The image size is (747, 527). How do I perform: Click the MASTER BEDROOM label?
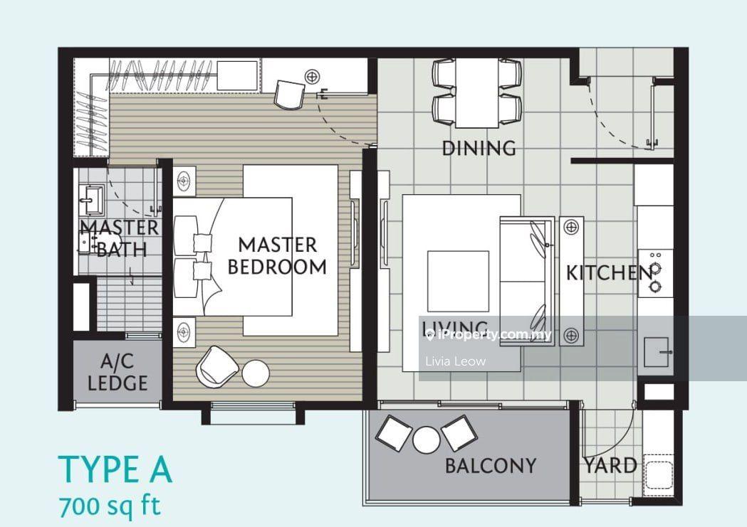click(277, 256)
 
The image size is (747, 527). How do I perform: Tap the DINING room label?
click(479, 149)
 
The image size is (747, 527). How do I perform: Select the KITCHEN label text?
click(610, 272)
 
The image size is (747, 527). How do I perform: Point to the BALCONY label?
click(491, 466)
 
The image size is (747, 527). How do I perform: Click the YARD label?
click(611, 466)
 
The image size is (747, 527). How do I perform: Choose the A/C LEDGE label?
click(117, 373)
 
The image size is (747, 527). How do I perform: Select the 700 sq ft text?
click(110, 506)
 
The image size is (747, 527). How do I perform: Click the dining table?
click(477, 92)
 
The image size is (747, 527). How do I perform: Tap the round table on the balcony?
click(427, 440)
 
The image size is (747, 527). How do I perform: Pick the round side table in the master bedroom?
click(256, 373)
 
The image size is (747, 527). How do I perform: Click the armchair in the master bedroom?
click(216, 366)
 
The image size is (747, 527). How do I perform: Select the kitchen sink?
click(657, 353)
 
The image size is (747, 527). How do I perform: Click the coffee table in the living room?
click(458, 281)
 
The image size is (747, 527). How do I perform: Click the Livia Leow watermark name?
click(456, 361)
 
